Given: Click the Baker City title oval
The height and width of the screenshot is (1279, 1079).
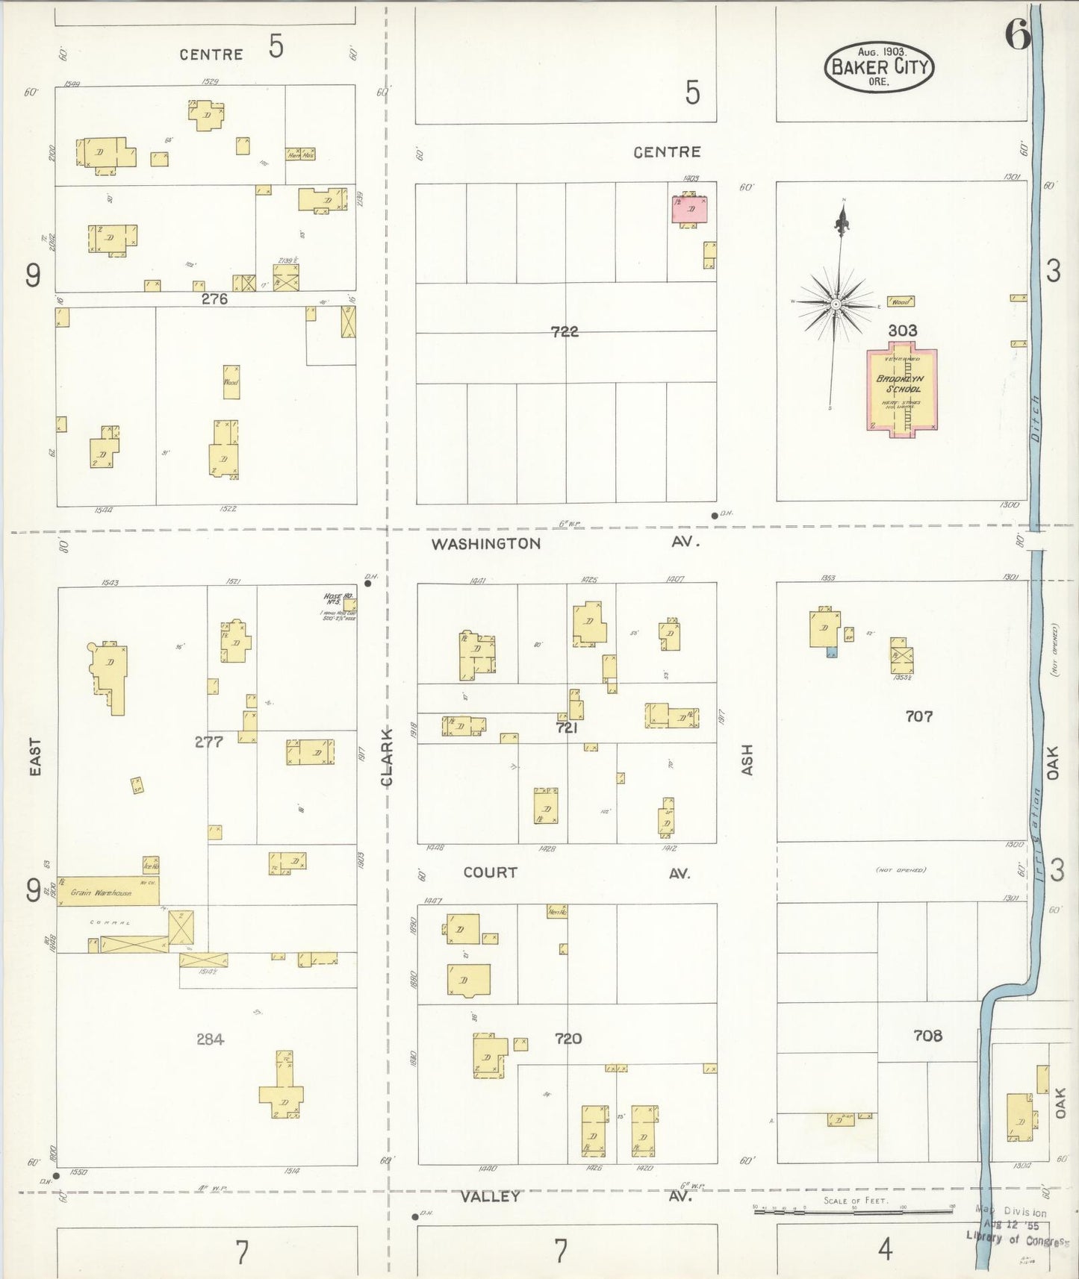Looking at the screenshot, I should pos(880,67).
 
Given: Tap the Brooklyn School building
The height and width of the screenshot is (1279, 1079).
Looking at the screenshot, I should pos(901,388).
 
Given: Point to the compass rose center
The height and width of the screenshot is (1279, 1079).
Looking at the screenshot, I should pos(836,304).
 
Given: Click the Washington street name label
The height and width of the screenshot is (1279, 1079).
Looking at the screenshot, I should pos(485,543).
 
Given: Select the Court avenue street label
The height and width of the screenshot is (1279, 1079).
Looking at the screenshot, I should pos(490,872).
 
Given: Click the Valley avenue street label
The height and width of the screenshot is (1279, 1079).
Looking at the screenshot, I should pos(490,1196).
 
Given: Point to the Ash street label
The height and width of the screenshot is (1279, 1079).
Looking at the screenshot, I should pos(747,760).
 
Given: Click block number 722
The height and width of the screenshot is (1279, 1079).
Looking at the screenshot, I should pos(565,331).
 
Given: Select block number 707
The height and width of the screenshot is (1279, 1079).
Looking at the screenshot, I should pos(918,716).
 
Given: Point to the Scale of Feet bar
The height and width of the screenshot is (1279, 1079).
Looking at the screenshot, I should pos(853,1212).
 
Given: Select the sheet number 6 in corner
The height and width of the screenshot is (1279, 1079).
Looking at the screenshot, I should pos(1017,34).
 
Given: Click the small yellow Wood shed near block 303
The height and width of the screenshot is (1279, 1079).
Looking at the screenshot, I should pos(901,301).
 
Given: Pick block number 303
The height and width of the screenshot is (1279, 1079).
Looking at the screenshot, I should pos(902,330).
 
